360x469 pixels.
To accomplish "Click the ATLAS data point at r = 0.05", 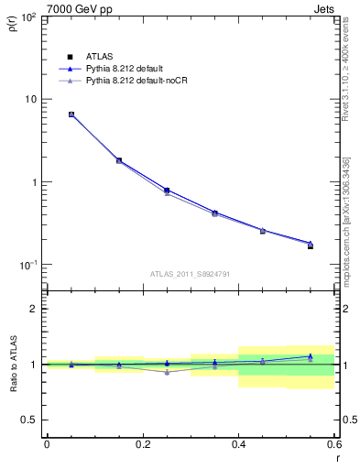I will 71,115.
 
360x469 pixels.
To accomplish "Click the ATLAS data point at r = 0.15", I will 119,160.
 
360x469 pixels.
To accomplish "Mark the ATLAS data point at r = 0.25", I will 167,191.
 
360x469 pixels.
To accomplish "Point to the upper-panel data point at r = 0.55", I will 310,245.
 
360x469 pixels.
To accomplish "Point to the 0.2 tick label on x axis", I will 142,443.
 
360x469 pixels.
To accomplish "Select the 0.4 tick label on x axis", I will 238,443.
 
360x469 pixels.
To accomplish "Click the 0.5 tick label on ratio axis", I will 31,420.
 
